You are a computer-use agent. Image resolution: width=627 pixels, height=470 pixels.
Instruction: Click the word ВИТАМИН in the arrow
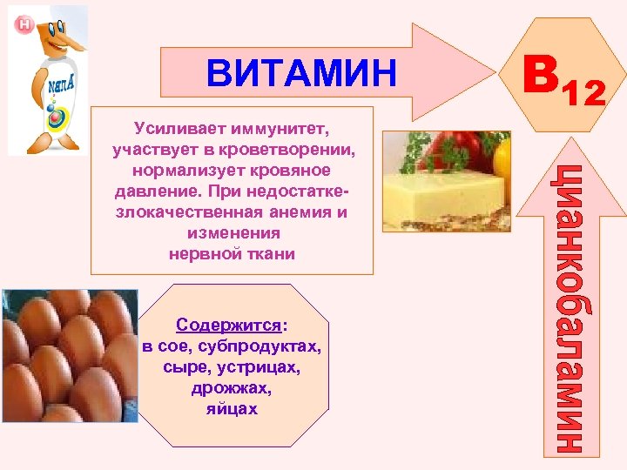coord(300,72)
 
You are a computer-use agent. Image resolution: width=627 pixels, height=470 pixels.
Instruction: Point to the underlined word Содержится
coord(228,326)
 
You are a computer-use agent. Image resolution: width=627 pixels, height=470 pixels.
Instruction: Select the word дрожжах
coord(231,388)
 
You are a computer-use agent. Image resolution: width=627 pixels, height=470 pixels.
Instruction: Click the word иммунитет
coord(270,130)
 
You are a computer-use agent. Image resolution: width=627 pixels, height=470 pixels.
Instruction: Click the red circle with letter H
coord(24,23)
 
